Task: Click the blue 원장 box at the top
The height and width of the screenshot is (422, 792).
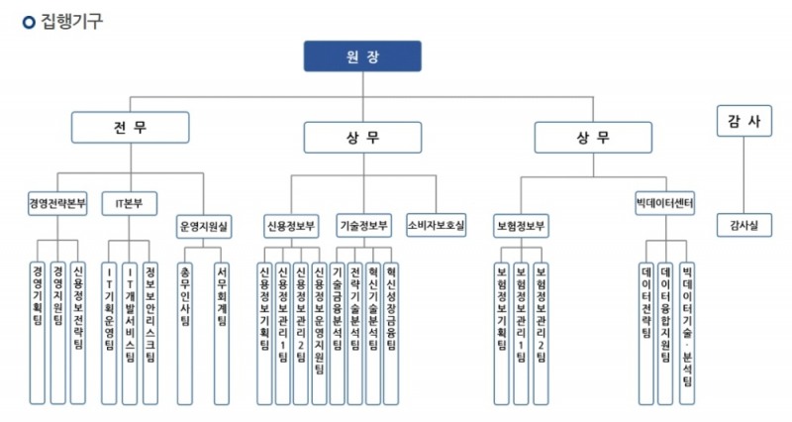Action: point(361,55)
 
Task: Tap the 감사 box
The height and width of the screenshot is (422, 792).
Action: point(742,120)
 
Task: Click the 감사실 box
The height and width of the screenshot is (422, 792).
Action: point(742,226)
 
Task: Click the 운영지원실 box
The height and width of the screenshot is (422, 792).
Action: point(205,226)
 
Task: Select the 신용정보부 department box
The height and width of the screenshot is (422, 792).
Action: point(291,225)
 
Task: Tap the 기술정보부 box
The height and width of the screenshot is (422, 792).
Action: point(363,225)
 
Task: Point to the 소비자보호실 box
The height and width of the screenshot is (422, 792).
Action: point(435,225)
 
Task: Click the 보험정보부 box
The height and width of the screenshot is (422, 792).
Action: point(522,225)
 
